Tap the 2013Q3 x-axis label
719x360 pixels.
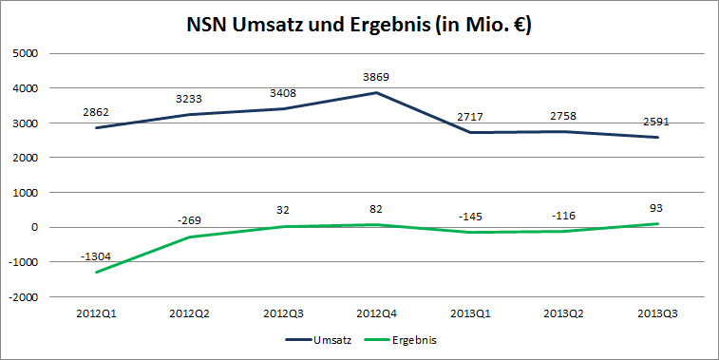click(x=657, y=312)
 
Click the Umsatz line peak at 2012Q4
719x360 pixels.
click(x=376, y=92)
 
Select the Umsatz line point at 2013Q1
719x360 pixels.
click(x=469, y=132)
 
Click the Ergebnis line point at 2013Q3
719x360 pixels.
click(x=657, y=224)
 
